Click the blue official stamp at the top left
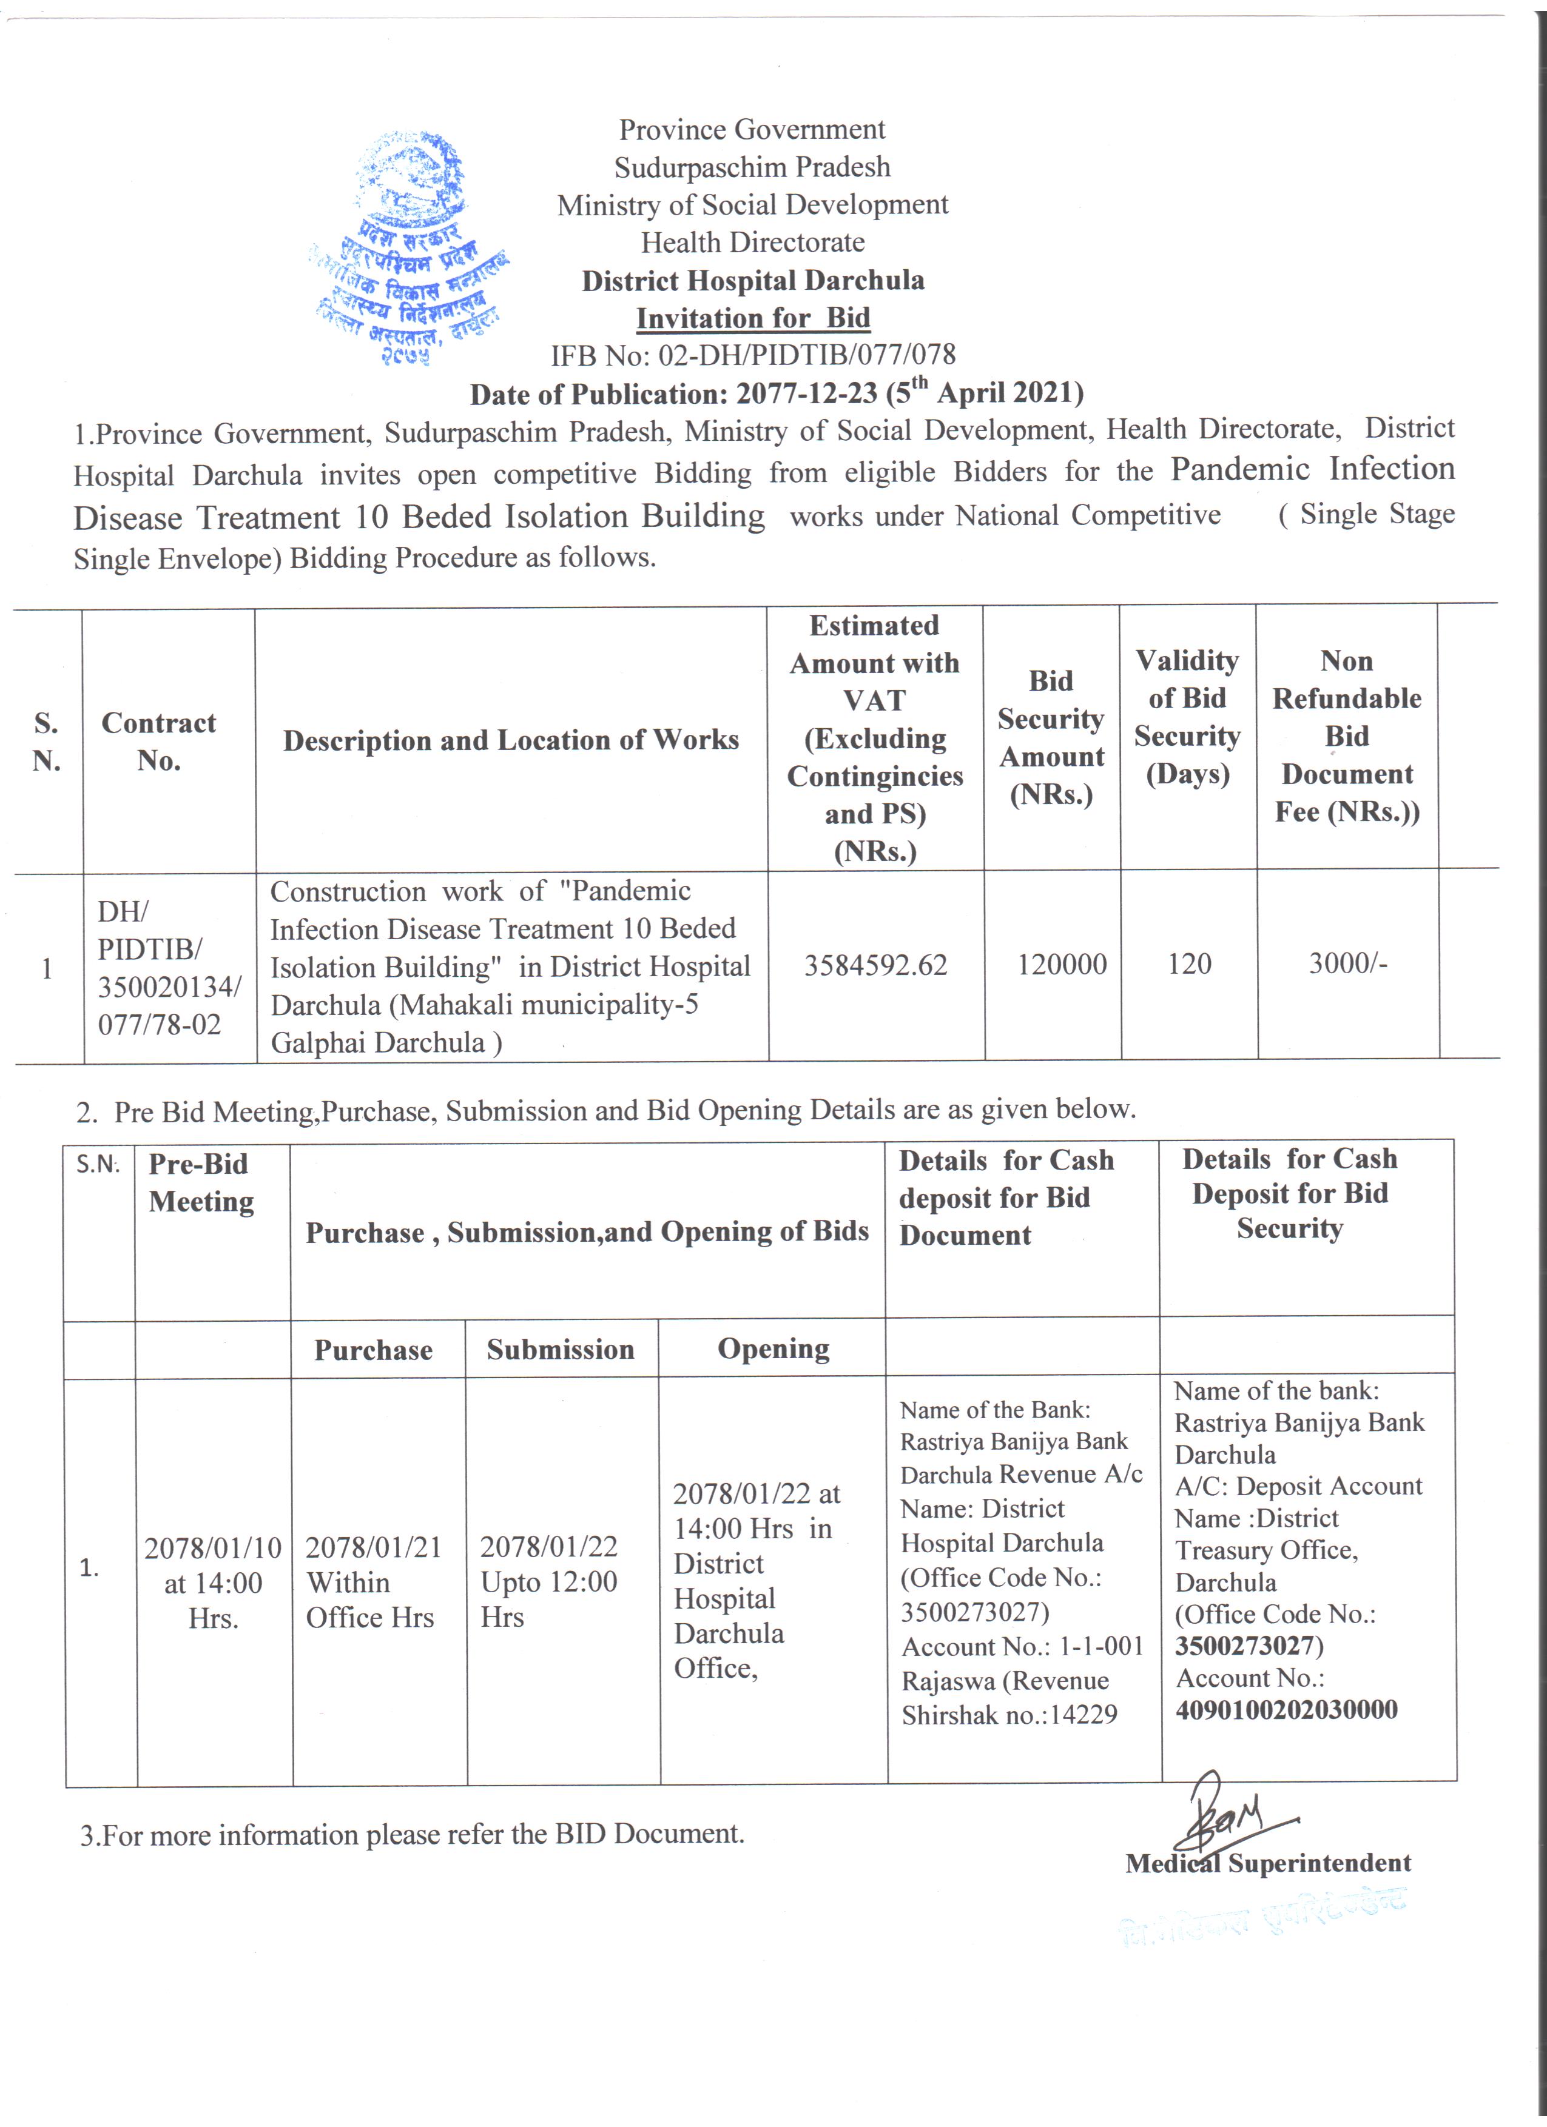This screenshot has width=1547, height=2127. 410,246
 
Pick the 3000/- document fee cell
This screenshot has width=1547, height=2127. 1347,962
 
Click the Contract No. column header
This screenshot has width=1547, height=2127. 158,741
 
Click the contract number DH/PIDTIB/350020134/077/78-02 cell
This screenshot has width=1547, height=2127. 167,968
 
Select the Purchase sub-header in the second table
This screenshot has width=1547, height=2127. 373,1350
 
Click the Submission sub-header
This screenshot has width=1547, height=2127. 560,1350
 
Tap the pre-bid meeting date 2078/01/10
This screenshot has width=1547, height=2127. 213,1547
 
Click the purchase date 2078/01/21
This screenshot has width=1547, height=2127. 373,1547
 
